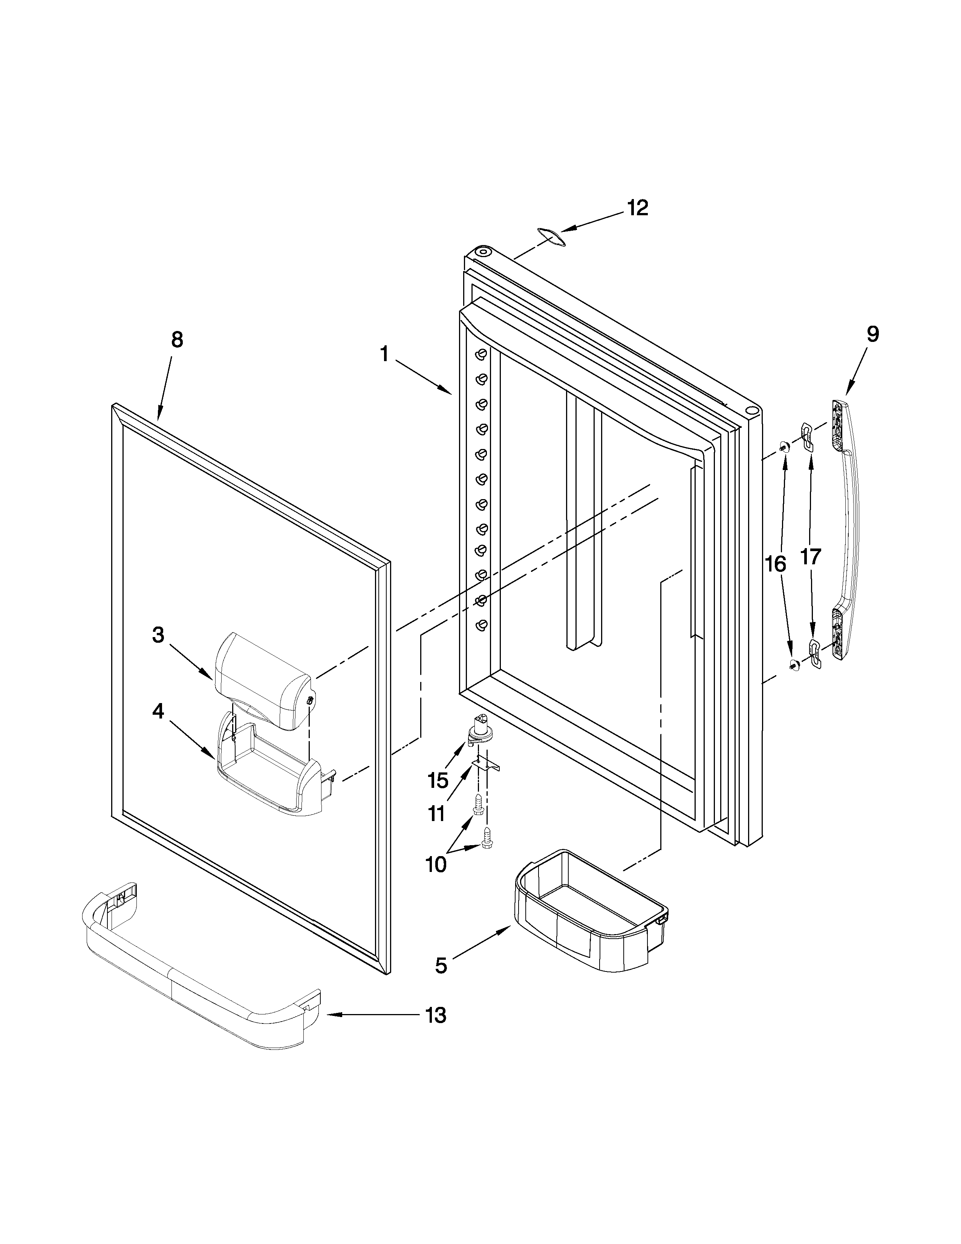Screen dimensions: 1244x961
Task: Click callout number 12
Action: point(638,208)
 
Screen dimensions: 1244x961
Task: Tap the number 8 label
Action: point(177,340)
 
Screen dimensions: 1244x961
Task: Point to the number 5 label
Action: point(441,965)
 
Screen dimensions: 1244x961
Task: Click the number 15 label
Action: point(438,780)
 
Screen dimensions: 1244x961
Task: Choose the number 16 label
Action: point(776,564)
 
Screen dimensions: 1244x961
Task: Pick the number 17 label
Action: point(811,556)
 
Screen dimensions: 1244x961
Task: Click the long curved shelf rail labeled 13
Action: point(199,980)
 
